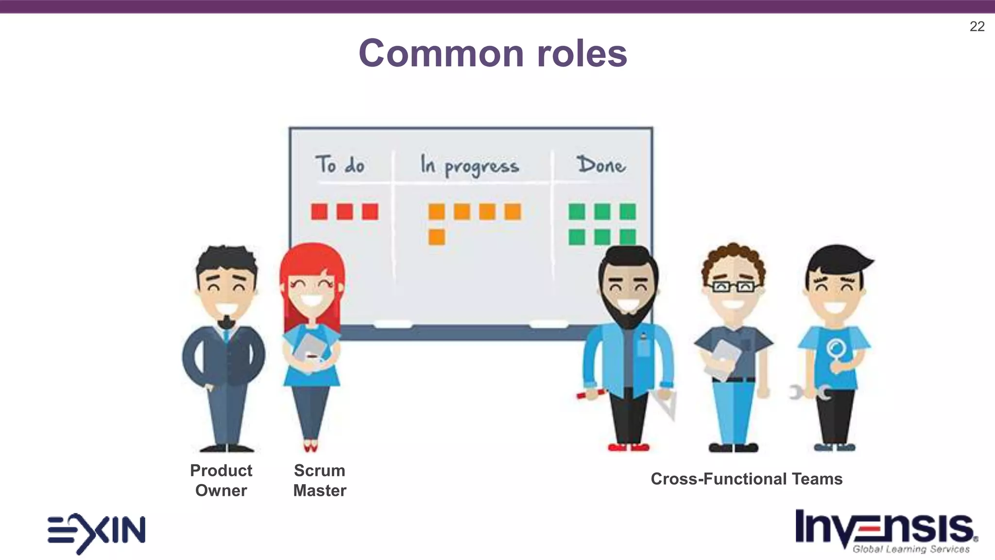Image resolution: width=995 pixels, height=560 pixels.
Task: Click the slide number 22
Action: click(x=977, y=26)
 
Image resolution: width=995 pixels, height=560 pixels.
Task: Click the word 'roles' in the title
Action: click(x=582, y=53)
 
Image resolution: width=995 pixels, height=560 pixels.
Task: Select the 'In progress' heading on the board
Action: click(x=469, y=165)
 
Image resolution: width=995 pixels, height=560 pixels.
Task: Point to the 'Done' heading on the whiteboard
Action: click(x=601, y=165)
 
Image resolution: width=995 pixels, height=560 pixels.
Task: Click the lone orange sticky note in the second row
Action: click(x=436, y=237)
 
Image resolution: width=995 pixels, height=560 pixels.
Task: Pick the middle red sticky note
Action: click(x=344, y=211)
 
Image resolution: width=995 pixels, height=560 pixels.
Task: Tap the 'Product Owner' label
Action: click(x=221, y=480)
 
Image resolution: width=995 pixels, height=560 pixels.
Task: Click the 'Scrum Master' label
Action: click(x=320, y=480)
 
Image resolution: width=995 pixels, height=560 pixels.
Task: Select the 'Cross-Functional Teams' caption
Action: click(x=746, y=479)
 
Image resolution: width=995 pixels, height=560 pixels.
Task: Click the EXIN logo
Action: click(x=96, y=532)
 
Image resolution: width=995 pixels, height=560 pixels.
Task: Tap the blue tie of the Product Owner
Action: click(x=226, y=335)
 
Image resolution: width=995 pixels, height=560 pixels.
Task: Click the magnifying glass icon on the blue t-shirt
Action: click(x=836, y=350)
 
